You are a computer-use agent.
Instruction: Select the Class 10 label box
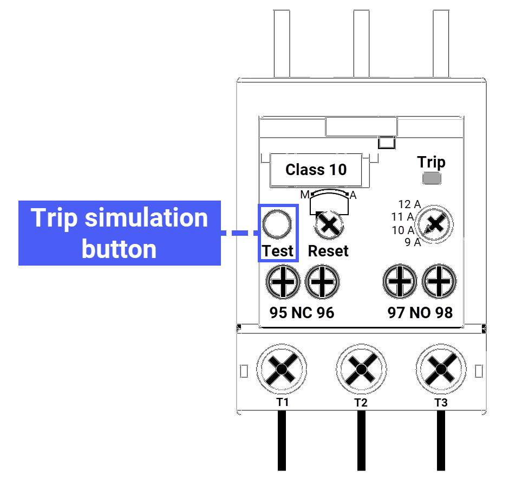(316, 170)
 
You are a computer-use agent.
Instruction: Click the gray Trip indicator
(432, 179)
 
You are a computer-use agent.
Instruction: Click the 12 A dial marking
(409, 204)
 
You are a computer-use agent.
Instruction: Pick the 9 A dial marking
(413, 242)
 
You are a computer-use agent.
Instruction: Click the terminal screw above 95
(283, 282)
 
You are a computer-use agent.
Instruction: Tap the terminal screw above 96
(322, 282)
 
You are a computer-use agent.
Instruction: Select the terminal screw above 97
(400, 282)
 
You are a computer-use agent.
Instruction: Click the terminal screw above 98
(439, 282)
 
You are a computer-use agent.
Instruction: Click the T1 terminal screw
(282, 371)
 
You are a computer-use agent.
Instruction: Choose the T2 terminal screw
(361, 371)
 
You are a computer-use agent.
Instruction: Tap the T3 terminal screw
(441, 371)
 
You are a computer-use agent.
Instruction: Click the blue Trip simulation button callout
(120, 233)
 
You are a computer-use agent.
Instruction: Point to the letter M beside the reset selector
(305, 195)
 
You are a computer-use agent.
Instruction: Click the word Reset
(328, 251)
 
